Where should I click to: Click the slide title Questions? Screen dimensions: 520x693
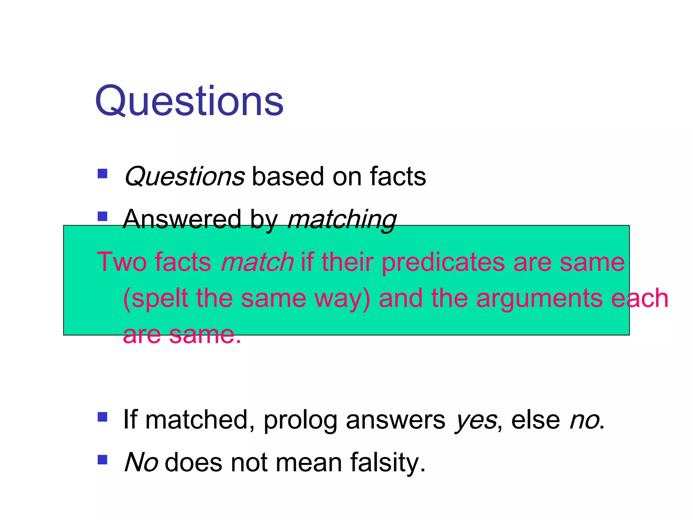pos(189,102)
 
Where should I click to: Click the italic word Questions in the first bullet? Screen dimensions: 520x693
pos(184,177)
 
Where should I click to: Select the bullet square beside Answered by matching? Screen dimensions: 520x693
pos(102,216)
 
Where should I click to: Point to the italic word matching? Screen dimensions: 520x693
pos(342,220)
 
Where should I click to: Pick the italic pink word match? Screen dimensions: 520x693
pos(257,262)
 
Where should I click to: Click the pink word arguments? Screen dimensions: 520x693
pos(539,299)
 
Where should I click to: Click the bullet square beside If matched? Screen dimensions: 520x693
pos(102,417)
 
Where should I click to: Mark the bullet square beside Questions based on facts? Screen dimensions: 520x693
pos(102,174)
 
